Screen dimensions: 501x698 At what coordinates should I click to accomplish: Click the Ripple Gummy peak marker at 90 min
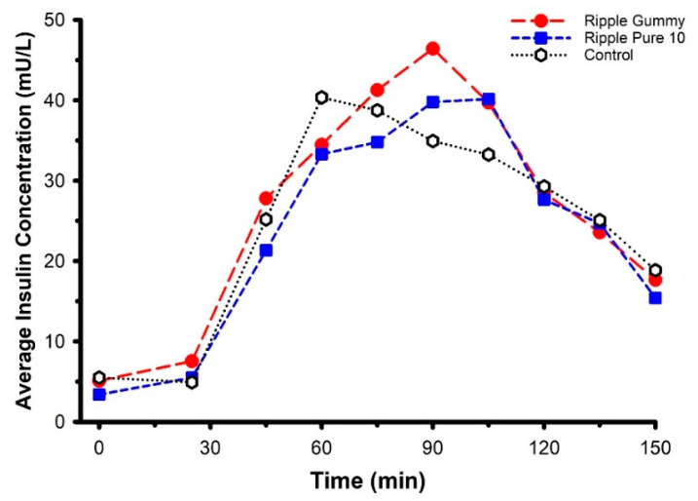(x=432, y=48)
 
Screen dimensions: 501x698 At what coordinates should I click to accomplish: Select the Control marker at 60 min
(x=321, y=97)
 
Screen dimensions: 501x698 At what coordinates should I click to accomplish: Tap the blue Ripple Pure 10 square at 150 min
(x=655, y=298)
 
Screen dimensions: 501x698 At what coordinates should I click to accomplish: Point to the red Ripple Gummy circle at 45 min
(x=266, y=198)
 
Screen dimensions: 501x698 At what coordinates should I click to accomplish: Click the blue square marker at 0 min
(x=98, y=395)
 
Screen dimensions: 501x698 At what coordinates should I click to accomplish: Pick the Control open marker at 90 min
(x=432, y=141)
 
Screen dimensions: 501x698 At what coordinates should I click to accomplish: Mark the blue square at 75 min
(x=377, y=142)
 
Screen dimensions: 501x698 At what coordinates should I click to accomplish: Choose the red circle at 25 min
(x=192, y=362)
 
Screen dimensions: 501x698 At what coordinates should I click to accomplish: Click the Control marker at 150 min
(x=655, y=270)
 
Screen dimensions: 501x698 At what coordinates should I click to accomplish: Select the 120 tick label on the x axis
(x=543, y=446)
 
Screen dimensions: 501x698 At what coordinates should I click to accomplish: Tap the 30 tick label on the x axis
(x=209, y=446)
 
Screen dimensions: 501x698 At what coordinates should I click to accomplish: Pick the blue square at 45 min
(x=266, y=250)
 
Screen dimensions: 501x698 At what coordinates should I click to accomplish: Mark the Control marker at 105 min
(x=488, y=155)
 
